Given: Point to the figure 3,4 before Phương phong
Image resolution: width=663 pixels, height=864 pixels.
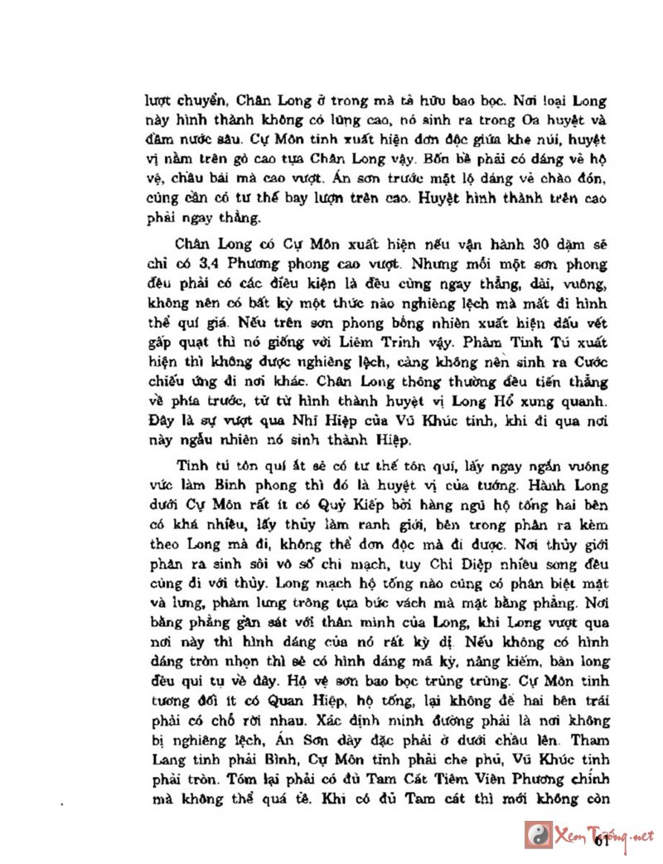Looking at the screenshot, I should pyautogui.click(x=213, y=265).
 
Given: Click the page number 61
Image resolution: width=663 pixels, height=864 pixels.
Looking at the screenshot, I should pyautogui.click(x=603, y=843).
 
